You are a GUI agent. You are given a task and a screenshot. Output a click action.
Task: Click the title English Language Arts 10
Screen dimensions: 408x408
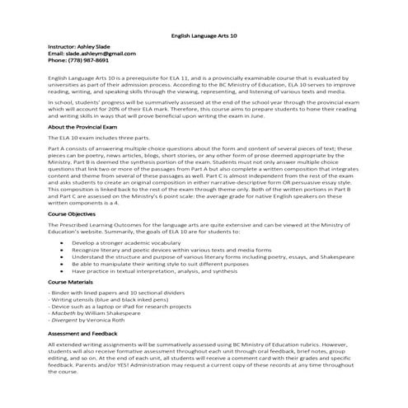click(206, 35)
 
